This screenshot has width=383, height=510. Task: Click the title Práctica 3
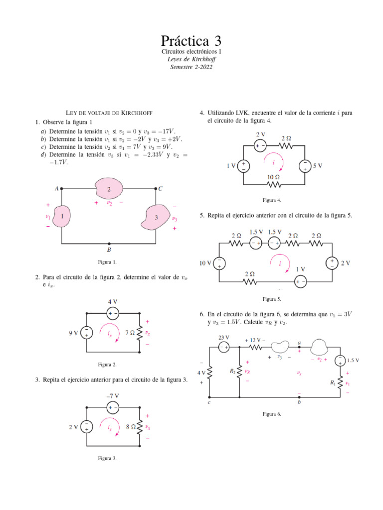(x=191, y=40)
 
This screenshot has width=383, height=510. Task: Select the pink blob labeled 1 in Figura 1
(x=62, y=217)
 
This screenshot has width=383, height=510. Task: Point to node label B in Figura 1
(x=109, y=250)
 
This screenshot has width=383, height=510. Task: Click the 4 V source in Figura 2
(x=113, y=313)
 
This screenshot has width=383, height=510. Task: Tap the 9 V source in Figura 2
(x=87, y=333)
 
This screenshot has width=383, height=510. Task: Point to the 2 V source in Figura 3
(x=87, y=426)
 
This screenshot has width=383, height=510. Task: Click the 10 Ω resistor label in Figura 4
(x=273, y=177)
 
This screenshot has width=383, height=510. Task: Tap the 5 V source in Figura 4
(x=304, y=166)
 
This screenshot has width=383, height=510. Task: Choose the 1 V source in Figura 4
(x=243, y=166)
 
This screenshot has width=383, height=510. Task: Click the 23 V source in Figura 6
(x=224, y=347)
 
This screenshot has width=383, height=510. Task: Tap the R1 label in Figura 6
(x=333, y=383)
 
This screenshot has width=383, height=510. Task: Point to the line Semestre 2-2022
(x=191, y=67)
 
